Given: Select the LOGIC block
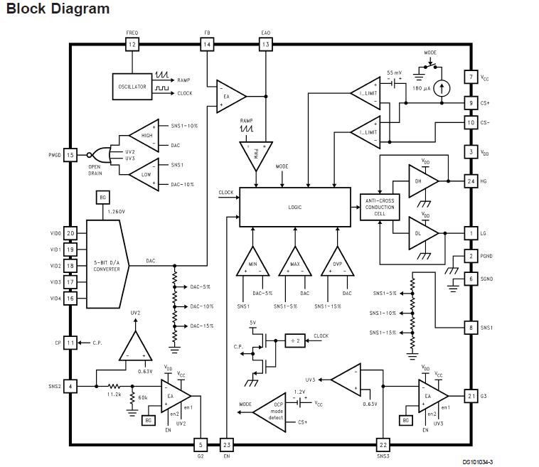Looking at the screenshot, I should (x=295, y=207).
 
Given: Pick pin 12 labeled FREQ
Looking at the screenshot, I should (x=132, y=44).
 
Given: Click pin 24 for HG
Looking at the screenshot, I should (x=470, y=181).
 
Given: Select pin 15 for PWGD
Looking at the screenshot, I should (x=70, y=154).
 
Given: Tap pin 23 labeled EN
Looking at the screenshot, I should (x=227, y=444).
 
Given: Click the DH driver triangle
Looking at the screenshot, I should (x=422, y=181).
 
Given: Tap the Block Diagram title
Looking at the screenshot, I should (x=58, y=9).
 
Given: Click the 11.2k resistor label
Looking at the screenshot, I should (x=113, y=394).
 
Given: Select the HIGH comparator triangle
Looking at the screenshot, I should (x=144, y=135).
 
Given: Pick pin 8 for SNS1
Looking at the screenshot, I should (x=470, y=328).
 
